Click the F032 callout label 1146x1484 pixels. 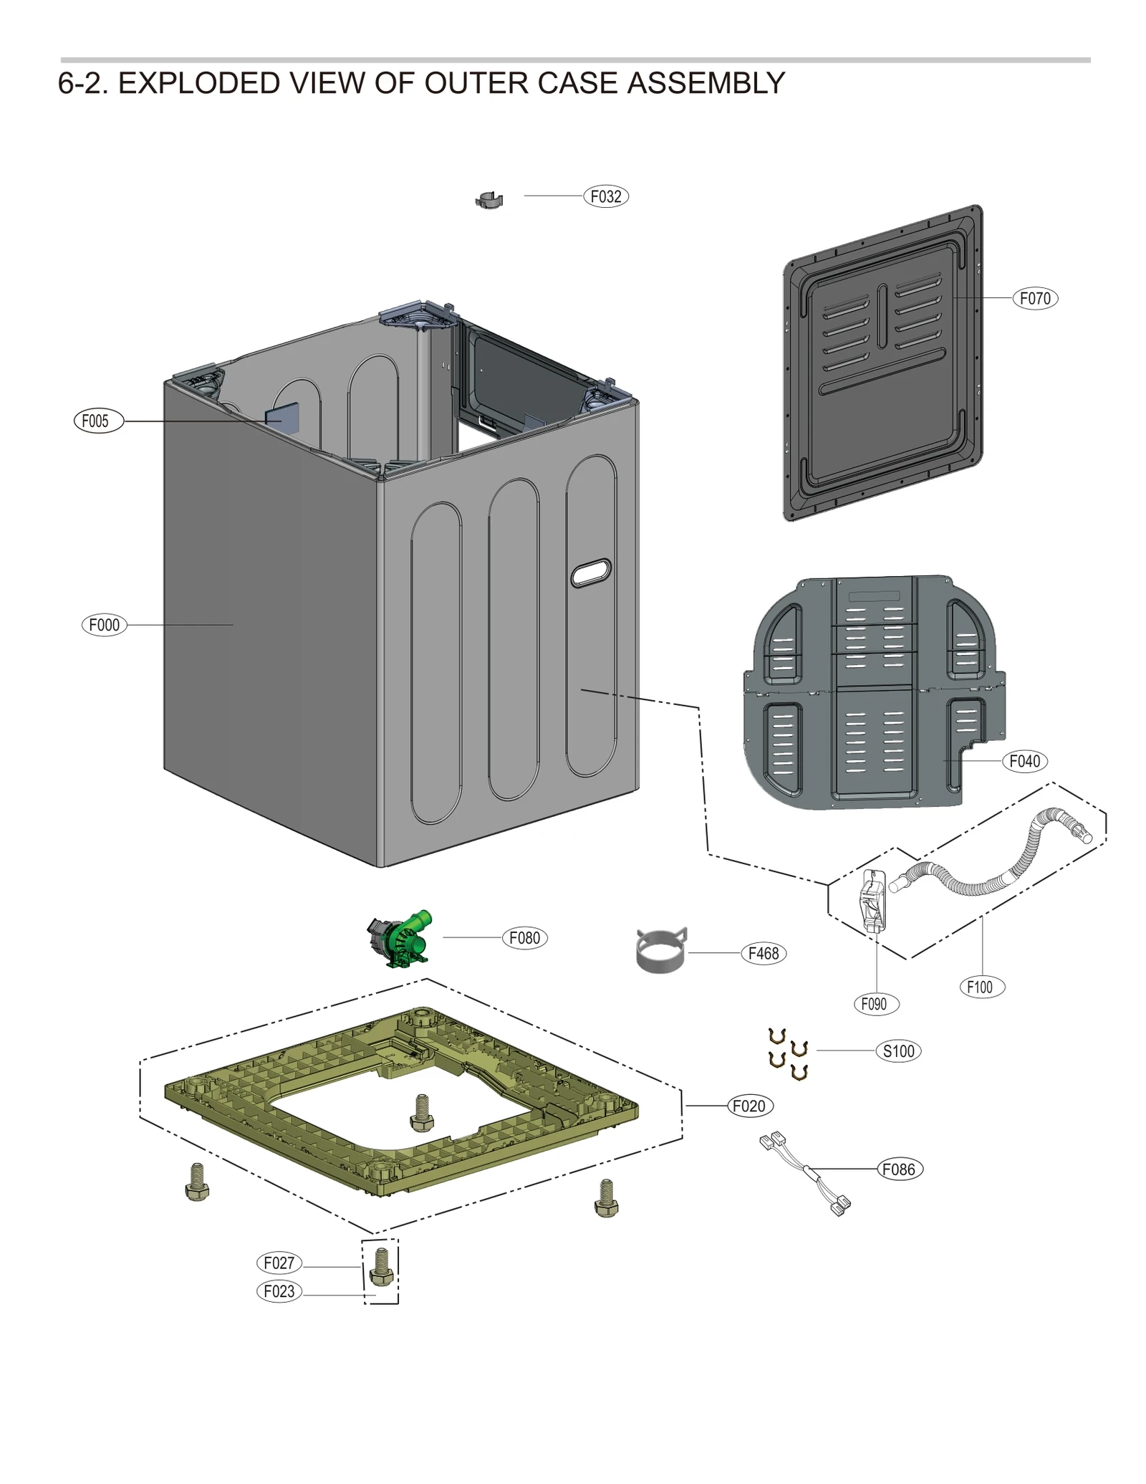(605, 196)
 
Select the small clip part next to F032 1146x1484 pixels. (489, 200)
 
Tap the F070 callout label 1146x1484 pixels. (1034, 298)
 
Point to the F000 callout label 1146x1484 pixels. (104, 625)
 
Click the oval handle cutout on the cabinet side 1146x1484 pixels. (591, 573)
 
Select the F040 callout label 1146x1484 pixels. (1024, 761)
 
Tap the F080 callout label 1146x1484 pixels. (524, 938)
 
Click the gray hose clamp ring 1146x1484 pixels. (660, 951)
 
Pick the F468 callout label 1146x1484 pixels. (763, 954)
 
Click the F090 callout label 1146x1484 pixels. (875, 1004)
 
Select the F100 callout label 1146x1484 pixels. (981, 987)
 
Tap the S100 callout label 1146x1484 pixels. (898, 1051)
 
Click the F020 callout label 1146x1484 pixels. (749, 1106)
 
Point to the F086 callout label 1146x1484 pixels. (900, 1169)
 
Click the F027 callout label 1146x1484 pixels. (279, 1263)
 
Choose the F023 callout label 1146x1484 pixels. (279, 1291)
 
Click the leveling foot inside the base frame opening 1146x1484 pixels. (422, 1112)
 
